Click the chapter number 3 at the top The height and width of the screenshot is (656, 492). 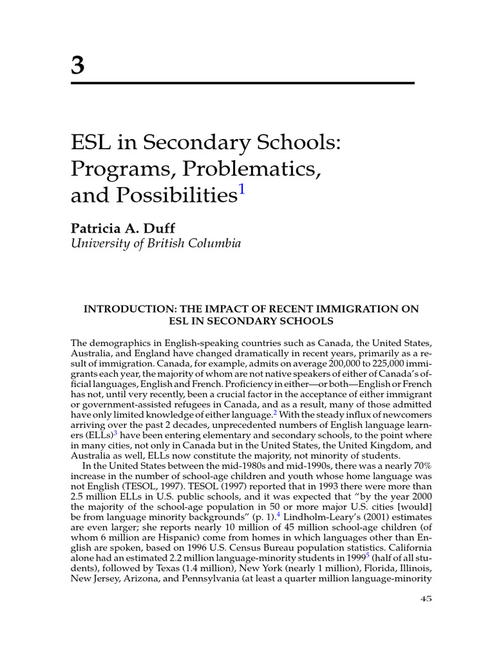click(78, 65)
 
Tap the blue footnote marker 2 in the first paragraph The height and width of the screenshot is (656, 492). click(275, 413)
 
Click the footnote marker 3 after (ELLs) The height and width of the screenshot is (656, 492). click(115, 433)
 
